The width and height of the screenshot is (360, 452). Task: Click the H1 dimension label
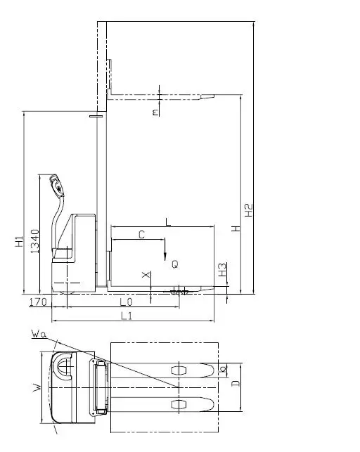19,241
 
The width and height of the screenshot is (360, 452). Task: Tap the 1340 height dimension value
34,241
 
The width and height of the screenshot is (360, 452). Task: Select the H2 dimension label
248,210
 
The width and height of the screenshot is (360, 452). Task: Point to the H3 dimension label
222,269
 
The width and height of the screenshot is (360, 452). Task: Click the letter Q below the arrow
175,264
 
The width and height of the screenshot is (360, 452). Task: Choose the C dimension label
141,235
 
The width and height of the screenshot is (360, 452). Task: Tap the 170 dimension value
38,302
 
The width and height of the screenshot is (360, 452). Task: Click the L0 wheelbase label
126,302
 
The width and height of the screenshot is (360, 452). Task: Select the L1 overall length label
127,316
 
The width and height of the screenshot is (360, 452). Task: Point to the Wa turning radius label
39,334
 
